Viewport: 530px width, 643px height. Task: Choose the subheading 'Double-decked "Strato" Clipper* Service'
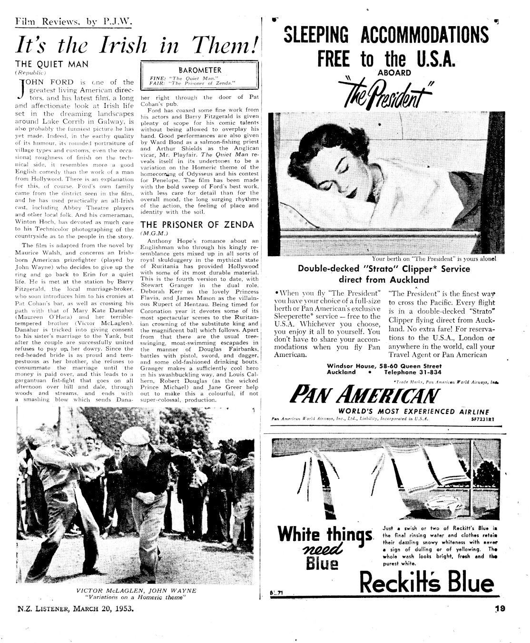383,269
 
